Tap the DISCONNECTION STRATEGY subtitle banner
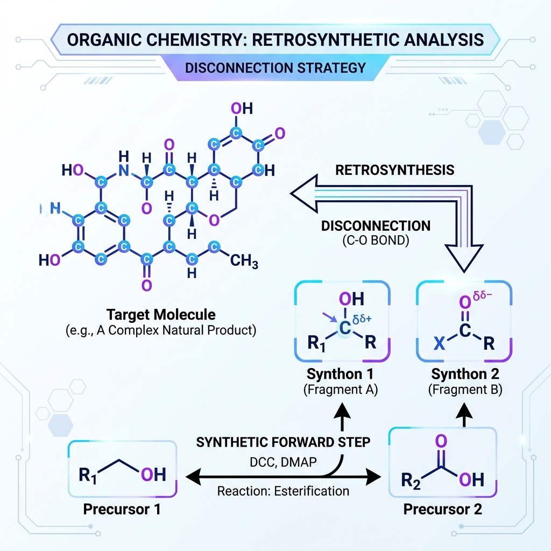[275, 68]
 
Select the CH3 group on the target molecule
[244, 261]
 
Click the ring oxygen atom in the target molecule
[214, 220]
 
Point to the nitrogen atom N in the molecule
[124, 171]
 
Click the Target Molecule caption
[161, 314]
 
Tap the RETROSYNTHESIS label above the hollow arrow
[394, 170]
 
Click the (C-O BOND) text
[376, 241]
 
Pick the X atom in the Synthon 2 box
[439, 343]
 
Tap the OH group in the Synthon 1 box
[351, 299]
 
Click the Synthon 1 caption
[340, 374]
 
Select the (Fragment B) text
[465, 390]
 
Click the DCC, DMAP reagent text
[283, 462]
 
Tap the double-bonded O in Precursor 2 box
[441, 441]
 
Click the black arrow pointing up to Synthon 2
[464, 415]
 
